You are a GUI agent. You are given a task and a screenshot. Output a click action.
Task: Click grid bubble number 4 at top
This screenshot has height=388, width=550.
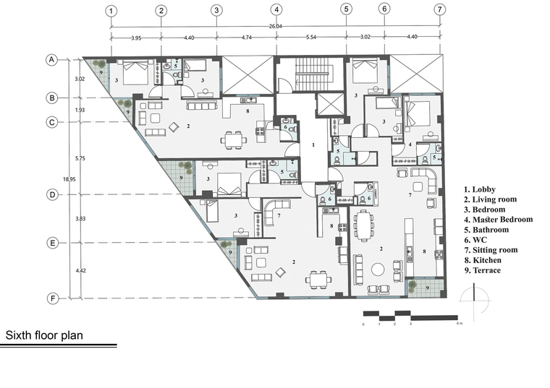pos(276,9)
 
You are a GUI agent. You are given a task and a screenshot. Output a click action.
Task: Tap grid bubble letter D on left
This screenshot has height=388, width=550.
pos(52,194)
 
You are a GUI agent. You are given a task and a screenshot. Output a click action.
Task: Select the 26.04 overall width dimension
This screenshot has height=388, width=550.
pos(276,26)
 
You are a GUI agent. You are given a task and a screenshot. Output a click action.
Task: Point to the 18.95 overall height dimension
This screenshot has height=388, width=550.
pos(69,179)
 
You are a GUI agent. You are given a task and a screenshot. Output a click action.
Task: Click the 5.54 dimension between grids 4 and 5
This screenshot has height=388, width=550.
pos(311,37)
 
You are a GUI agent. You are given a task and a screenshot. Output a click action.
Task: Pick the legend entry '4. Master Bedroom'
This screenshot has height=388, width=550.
pos(499,220)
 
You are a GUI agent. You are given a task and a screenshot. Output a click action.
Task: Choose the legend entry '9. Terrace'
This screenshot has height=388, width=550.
pos(482,270)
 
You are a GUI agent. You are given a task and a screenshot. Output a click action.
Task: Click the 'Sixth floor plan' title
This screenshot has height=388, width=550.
pos(44,335)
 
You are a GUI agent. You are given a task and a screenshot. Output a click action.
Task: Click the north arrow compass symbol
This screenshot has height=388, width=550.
pos(474,301)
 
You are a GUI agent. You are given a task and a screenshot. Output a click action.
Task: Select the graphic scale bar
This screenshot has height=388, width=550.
pos(410,316)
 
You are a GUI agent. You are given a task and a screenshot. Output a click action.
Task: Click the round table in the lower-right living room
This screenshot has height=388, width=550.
pos(378,270)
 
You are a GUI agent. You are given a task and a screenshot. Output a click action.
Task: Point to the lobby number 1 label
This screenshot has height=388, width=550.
pos(313,145)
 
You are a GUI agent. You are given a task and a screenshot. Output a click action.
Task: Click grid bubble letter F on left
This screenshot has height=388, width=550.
pos(53,298)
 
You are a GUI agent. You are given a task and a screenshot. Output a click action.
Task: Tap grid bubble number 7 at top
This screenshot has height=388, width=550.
pos(440,9)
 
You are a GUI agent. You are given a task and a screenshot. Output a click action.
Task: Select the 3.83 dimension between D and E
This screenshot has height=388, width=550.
pos(80,218)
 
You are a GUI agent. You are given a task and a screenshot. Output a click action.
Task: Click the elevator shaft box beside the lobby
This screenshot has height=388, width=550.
pos(330,104)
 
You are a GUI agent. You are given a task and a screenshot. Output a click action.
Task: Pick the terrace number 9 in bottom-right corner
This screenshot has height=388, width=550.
pos(427,288)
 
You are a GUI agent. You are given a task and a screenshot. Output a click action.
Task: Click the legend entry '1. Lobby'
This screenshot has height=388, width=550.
pos(480,189)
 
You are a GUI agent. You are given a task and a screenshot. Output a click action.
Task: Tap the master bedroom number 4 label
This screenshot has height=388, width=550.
pos(410,145)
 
